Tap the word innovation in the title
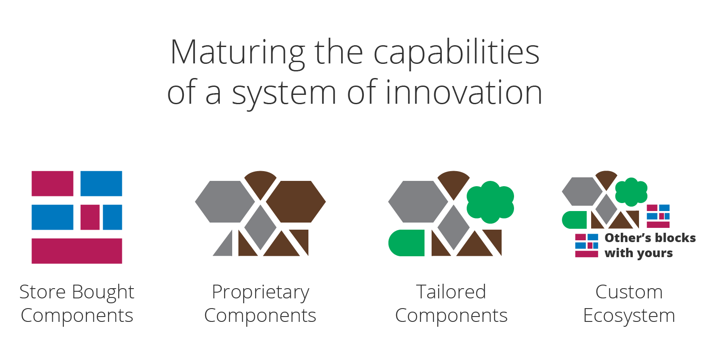[x=464, y=93]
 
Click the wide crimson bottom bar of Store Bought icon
[x=77, y=251]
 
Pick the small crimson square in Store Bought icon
[x=90, y=217]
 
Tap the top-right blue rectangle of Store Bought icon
[x=101, y=184]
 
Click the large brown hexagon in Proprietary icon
[x=296, y=202]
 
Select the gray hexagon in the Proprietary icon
[x=225, y=202]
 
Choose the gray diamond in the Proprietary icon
[x=261, y=227]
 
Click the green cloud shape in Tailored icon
[x=490, y=202]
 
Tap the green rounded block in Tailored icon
[x=406, y=243]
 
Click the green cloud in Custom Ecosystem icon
[x=631, y=192]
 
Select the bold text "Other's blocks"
[x=650, y=238]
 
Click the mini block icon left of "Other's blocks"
[x=587, y=245]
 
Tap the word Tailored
[x=451, y=292]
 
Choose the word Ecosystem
[x=629, y=316]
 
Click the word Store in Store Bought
[x=43, y=292]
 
